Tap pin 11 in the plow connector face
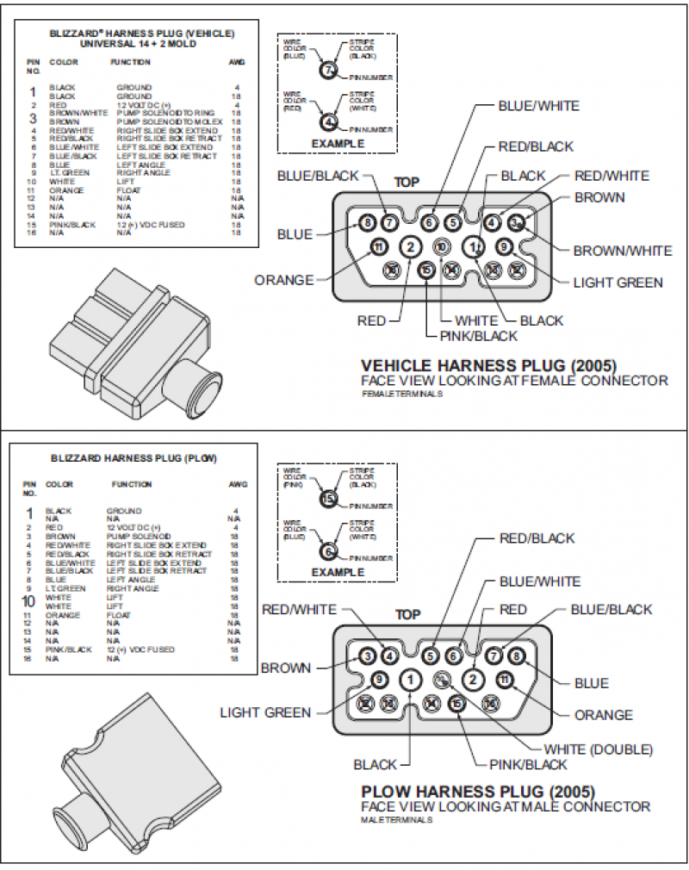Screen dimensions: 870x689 click(x=504, y=680)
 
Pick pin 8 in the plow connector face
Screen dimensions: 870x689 click(x=516, y=656)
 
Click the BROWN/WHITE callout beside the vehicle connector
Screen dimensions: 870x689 click(x=623, y=251)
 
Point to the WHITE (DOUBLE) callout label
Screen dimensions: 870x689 click(x=598, y=748)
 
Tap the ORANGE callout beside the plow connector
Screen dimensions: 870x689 click(x=603, y=714)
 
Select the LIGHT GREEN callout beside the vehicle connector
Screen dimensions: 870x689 click(x=618, y=282)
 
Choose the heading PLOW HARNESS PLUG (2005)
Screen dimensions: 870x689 click(x=477, y=791)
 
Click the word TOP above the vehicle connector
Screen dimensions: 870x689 click(x=407, y=183)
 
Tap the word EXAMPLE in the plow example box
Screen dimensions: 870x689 click(x=338, y=572)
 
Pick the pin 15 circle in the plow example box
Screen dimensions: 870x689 click(x=327, y=499)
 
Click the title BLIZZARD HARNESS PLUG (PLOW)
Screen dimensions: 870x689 click(x=133, y=458)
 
